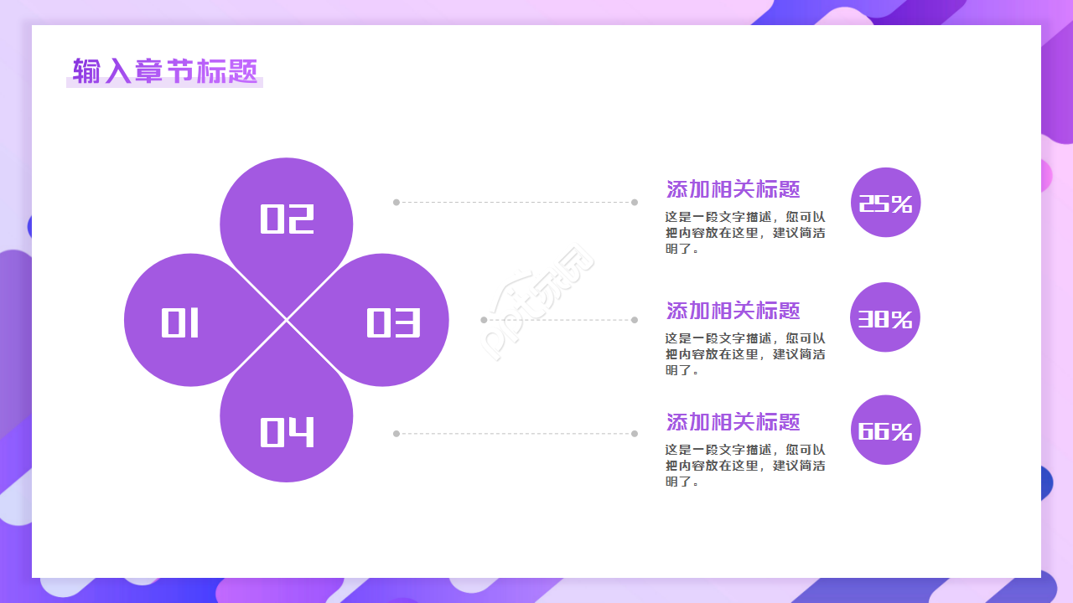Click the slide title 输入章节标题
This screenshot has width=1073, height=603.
coord(165,71)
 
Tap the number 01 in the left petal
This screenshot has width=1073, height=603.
coord(180,322)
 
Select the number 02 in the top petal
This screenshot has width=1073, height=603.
coord(287,219)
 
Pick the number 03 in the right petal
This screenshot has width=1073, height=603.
coord(392,322)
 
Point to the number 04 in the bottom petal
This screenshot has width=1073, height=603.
coord(287,431)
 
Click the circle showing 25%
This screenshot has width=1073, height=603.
coord(885,203)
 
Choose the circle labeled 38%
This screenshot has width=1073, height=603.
coord(885,317)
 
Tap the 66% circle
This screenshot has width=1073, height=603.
coord(885,430)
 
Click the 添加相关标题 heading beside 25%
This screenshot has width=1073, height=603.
coord(733,189)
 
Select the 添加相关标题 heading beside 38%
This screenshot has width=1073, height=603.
coord(733,311)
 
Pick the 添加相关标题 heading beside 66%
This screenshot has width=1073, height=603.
coord(733,422)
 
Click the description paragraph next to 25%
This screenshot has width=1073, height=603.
coord(745,232)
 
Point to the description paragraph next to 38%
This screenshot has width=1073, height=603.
coord(745,354)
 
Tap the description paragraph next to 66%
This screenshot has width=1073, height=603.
coord(745,466)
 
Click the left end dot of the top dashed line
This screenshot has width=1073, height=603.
coord(397,202)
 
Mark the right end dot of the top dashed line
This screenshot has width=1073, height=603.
coord(635,202)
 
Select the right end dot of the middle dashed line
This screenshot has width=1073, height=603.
coord(635,320)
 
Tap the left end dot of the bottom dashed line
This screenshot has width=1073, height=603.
coord(397,434)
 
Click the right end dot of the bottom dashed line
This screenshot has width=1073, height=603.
coord(635,434)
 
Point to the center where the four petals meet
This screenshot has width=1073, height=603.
coord(287,320)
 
